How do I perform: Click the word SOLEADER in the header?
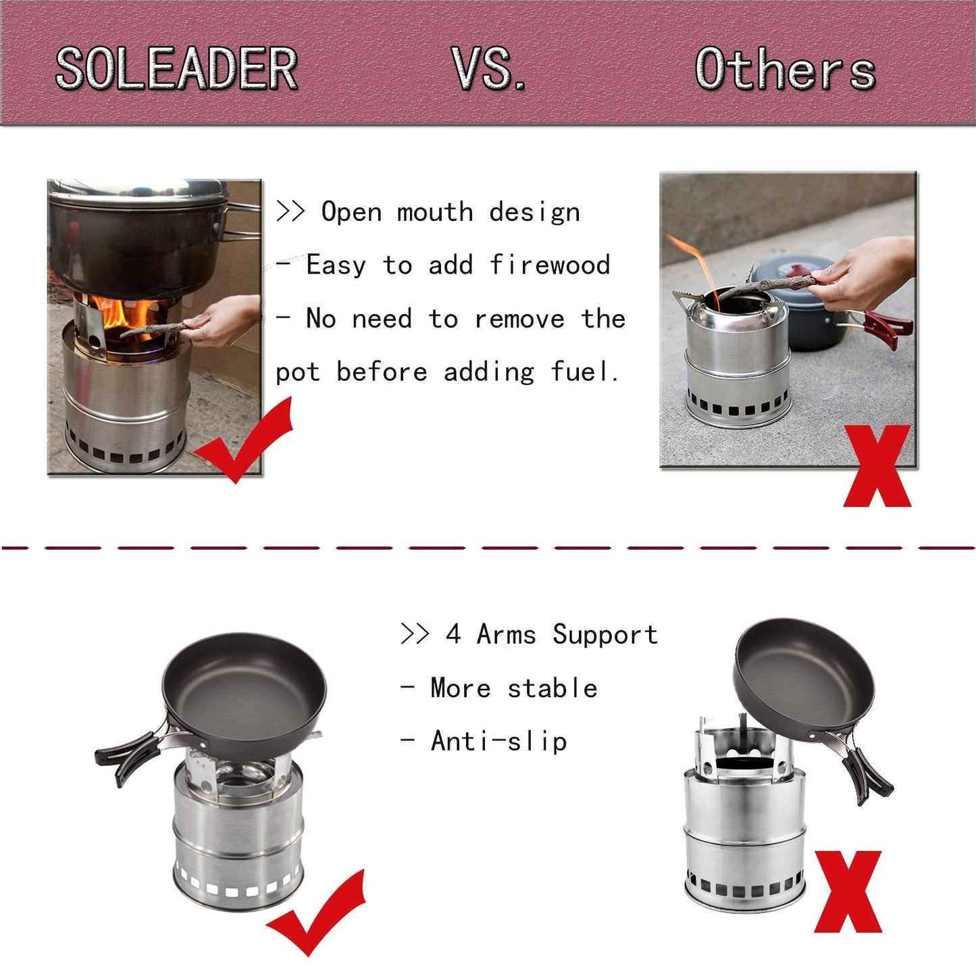pos(176,69)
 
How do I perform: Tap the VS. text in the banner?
pos(488,69)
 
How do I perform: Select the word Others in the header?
pos(785,70)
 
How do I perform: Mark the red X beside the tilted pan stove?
pos(848,892)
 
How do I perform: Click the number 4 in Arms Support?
pos(453,635)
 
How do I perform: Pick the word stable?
pos(552,688)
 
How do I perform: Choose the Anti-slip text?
pos(498,741)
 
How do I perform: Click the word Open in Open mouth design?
pos(351,212)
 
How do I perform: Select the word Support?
pos(605,635)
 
